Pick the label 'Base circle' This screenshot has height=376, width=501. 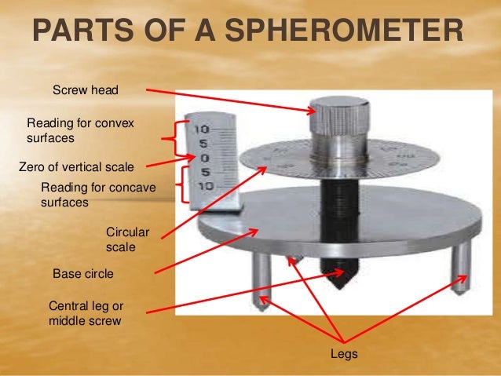tap(82, 274)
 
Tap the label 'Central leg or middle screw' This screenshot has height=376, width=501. tap(86, 312)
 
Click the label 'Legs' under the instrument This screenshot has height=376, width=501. tap(345, 355)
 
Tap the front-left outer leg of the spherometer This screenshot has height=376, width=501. tap(261, 279)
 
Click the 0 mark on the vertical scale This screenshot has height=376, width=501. tap(203, 158)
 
